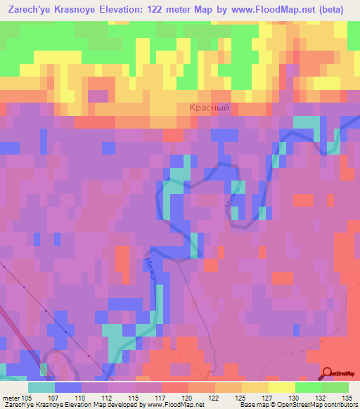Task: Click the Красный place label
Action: click(210, 108)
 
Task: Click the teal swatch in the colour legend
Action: click(41, 387)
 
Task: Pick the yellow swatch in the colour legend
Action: click(282, 387)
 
